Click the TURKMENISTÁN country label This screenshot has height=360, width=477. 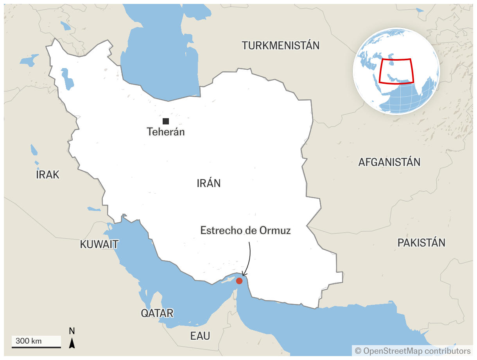[x=280, y=45]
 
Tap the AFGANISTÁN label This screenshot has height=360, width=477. [x=389, y=162]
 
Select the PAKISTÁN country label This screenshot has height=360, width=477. [x=421, y=243]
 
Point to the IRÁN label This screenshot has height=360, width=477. [x=208, y=183]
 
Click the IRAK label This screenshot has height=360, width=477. [x=47, y=175]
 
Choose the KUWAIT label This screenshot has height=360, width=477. [x=99, y=245]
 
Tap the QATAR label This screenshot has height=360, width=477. [x=157, y=313]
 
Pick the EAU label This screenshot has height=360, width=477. [x=200, y=336]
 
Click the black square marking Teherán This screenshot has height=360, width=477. [x=166, y=121]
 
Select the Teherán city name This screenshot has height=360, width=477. [x=166, y=132]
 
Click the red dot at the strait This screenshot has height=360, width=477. [x=239, y=281]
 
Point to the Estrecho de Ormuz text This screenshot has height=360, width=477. [x=245, y=230]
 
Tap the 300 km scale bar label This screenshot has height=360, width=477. [x=29, y=341]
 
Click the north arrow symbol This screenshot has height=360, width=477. [x=72, y=343]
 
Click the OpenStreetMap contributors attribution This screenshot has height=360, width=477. [x=412, y=351]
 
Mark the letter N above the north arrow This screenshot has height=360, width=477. [x=72, y=331]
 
